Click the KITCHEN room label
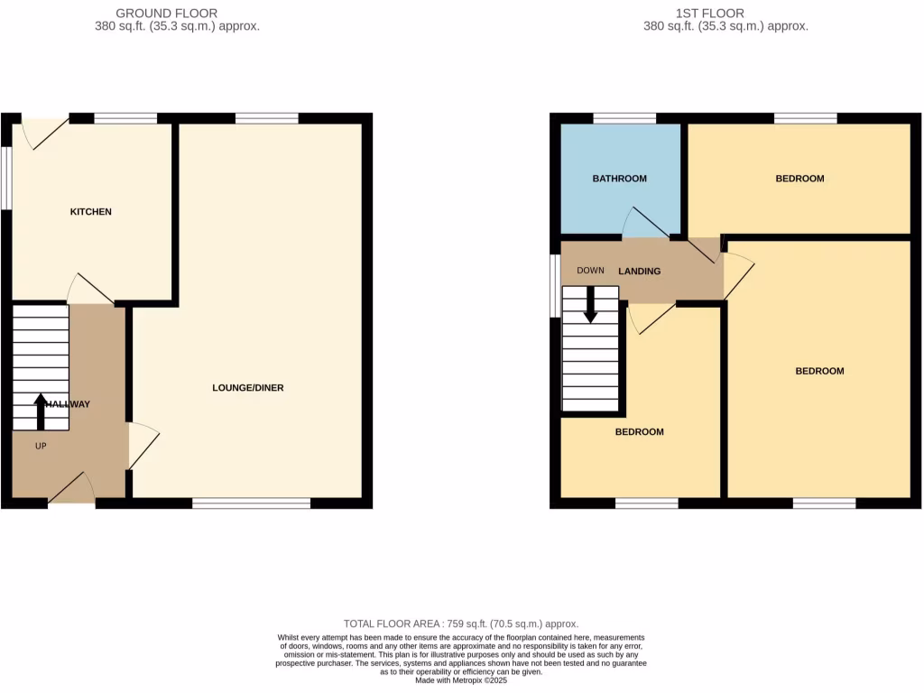pyautogui.click(x=91, y=212)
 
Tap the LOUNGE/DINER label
pyautogui.click(x=248, y=388)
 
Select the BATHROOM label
pyautogui.click(x=619, y=179)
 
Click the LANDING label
pyautogui.click(x=639, y=271)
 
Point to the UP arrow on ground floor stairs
pyautogui.click(x=41, y=411)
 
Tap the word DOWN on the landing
pyautogui.click(x=590, y=271)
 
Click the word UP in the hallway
pyautogui.click(x=41, y=446)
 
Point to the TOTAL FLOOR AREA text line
pyautogui.click(x=461, y=624)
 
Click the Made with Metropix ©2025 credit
pyautogui.click(x=461, y=679)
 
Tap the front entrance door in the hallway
pyautogui.click(x=72, y=490)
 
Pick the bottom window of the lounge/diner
pyautogui.click(x=251, y=504)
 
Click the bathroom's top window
pyautogui.click(x=624, y=117)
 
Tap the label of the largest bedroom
pyautogui.click(x=819, y=371)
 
